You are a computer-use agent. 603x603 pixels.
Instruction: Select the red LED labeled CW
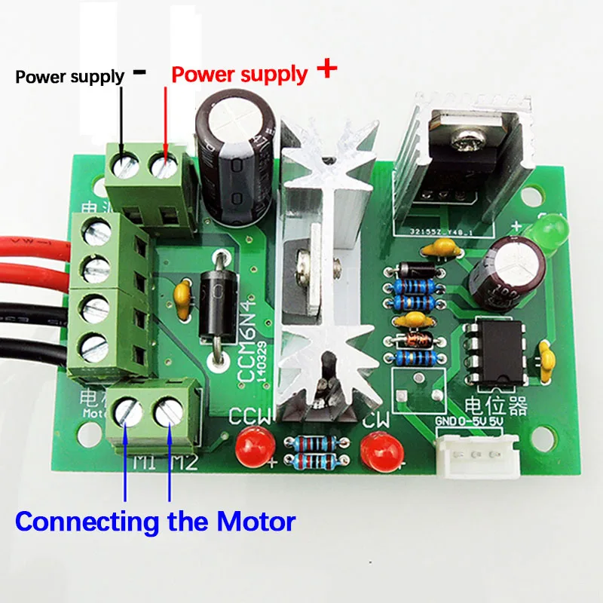(x=375, y=451)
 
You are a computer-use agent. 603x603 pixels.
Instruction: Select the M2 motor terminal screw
(x=168, y=412)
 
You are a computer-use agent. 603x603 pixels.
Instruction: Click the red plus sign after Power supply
(x=326, y=70)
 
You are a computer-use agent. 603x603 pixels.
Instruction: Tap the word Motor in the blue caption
(x=256, y=521)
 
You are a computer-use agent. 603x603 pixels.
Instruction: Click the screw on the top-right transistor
(x=461, y=139)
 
